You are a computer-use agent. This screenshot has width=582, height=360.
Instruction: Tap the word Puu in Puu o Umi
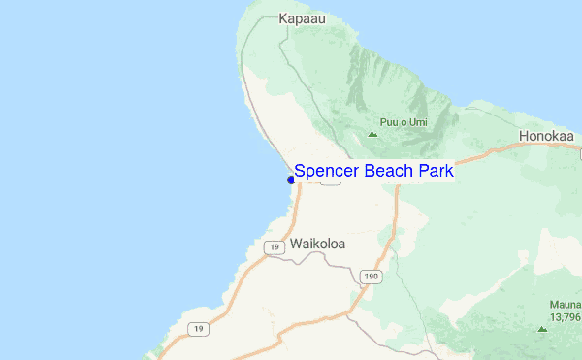(x=389, y=121)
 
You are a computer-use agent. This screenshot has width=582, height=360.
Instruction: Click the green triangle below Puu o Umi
(x=372, y=134)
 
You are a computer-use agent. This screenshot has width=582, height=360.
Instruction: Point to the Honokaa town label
(x=548, y=137)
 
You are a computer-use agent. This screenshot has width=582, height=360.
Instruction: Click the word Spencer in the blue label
(x=324, y=171)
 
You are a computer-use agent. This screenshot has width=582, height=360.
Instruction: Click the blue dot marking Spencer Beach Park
(x=291, y=180)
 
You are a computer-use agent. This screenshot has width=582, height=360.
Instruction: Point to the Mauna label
(x=565, y=304)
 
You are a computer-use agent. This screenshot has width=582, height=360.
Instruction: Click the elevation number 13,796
(x=566, y=316)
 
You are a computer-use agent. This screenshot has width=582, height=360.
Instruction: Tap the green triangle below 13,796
(x=542, y=329)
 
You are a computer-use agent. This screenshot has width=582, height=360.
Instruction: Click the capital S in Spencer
(x=301, y=171)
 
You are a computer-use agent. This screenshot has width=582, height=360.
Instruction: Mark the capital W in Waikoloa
(x=295, y=245)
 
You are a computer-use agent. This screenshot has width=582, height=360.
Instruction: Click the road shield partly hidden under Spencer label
(x=329, y=182)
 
